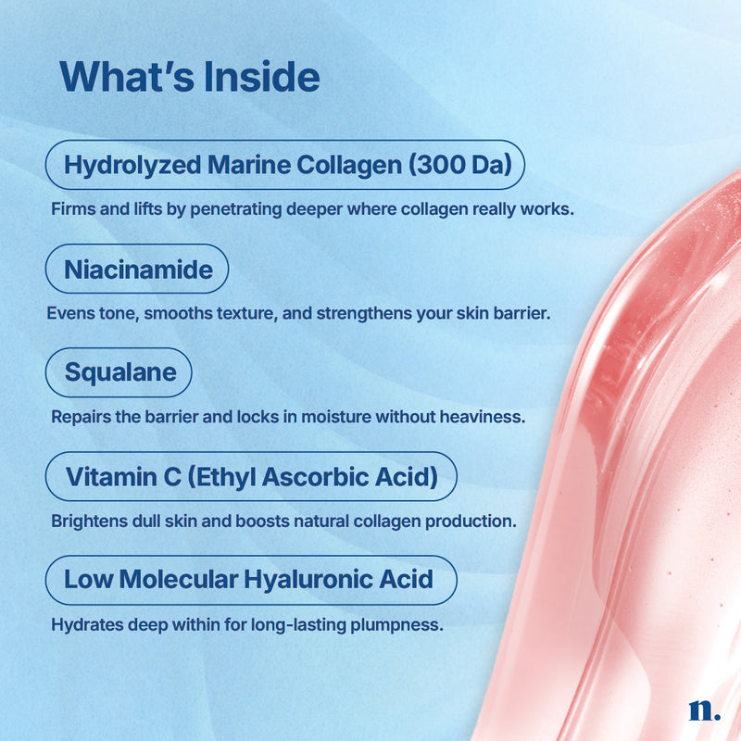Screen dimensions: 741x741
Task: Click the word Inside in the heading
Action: click(x=261, y=77)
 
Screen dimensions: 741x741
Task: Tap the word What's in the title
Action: click(x=127, y=77)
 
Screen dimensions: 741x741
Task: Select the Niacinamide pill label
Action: click(x=137, y=269)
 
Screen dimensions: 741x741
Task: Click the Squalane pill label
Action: click(x=119, y=372)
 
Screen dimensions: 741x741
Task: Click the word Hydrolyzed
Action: click(x=132, y=167)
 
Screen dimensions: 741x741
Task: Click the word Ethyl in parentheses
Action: click(x=222, y=477)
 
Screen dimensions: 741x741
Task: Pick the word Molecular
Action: click(x=179, y=580)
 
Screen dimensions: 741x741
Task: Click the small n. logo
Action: click(x=704, y=710)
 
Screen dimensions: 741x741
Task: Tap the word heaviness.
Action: click(x=483, y=417)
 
